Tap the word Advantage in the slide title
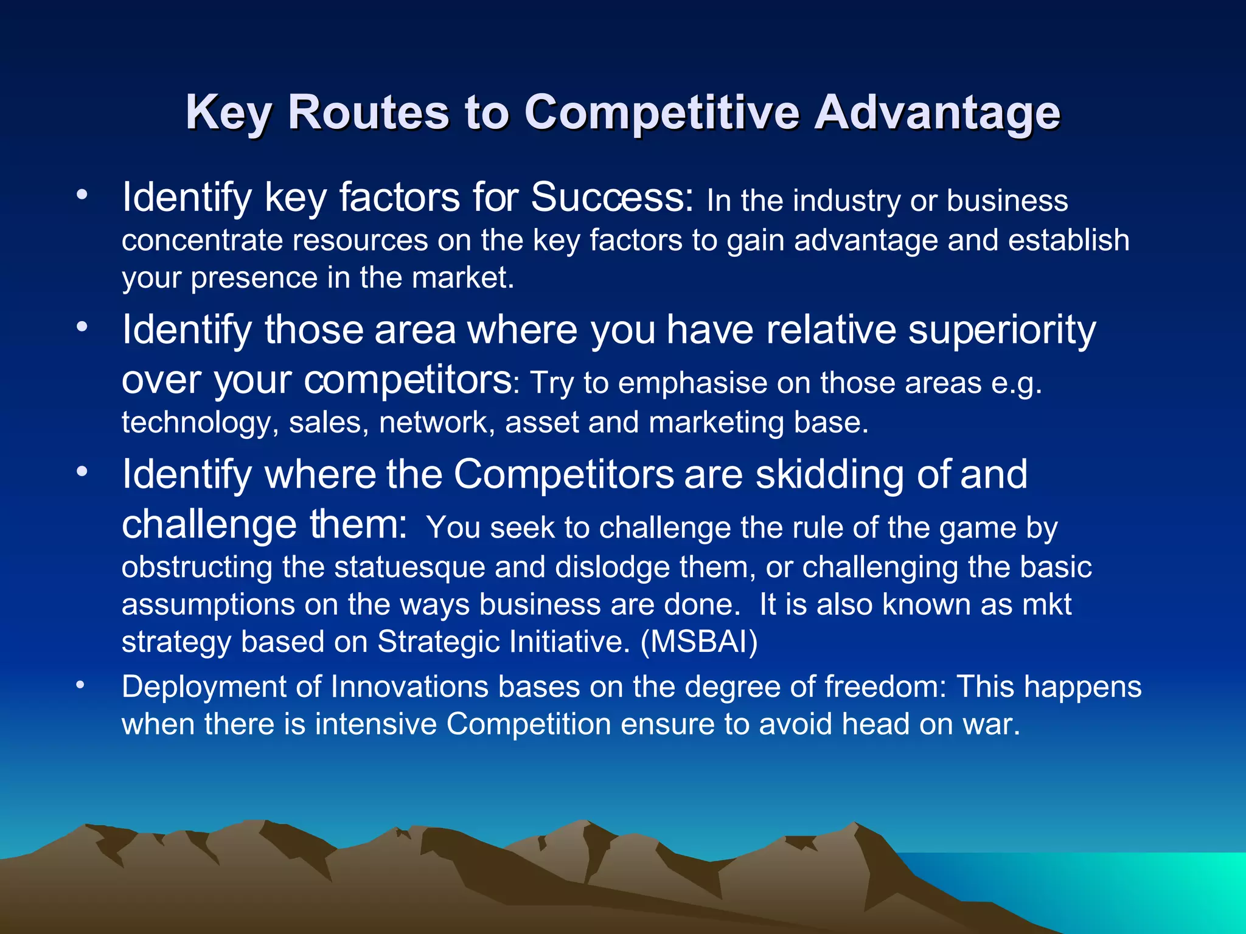(937, 112)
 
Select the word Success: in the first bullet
(611, 198)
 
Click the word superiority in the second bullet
(1001, 330)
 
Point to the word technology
(195, 423)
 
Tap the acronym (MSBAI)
(699, 642)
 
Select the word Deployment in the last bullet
(204, 687)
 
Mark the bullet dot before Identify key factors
(82, 196)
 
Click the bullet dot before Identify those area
(82, 328)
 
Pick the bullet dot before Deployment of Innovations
(80, 686)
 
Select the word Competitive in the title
(661, 112)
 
